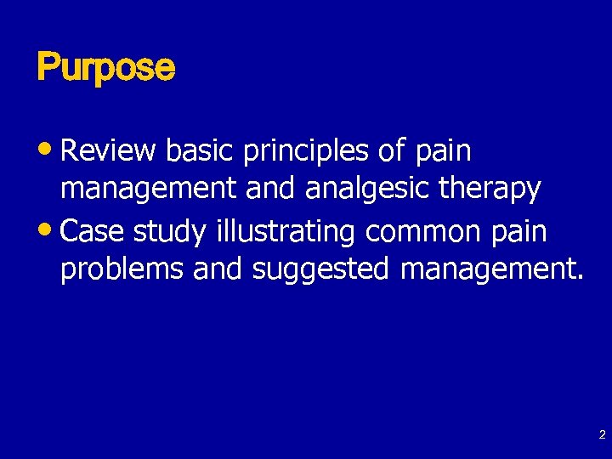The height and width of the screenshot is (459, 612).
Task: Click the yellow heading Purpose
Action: click(105, 67)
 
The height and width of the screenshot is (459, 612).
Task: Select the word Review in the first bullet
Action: click(109, 151)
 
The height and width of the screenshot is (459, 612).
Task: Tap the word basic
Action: click(201, 151)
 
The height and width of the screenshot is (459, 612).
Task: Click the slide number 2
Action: click(602, 435)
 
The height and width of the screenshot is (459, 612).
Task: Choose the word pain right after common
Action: click(521, 231)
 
